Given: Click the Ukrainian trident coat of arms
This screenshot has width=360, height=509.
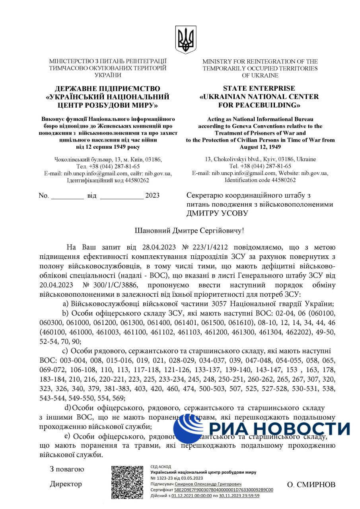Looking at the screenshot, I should click(185, 40).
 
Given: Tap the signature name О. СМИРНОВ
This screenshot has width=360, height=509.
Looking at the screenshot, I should click(311, 485).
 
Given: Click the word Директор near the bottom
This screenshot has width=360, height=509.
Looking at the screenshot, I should click(66, 484).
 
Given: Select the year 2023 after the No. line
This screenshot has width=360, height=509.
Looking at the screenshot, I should click(152, 196).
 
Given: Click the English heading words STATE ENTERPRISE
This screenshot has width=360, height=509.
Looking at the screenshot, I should click(259, 88).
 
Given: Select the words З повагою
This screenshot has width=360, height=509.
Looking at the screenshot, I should click(67, 469).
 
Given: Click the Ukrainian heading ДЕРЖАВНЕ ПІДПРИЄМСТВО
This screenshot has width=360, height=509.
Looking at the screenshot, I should click(107, 88).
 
